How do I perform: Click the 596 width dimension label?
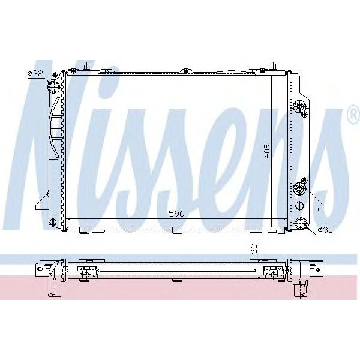(x=175, y=214)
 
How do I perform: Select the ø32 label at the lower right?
(x=324, y=229)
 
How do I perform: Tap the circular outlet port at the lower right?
(x=301, y=225)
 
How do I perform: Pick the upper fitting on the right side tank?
(x=300, y=109)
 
